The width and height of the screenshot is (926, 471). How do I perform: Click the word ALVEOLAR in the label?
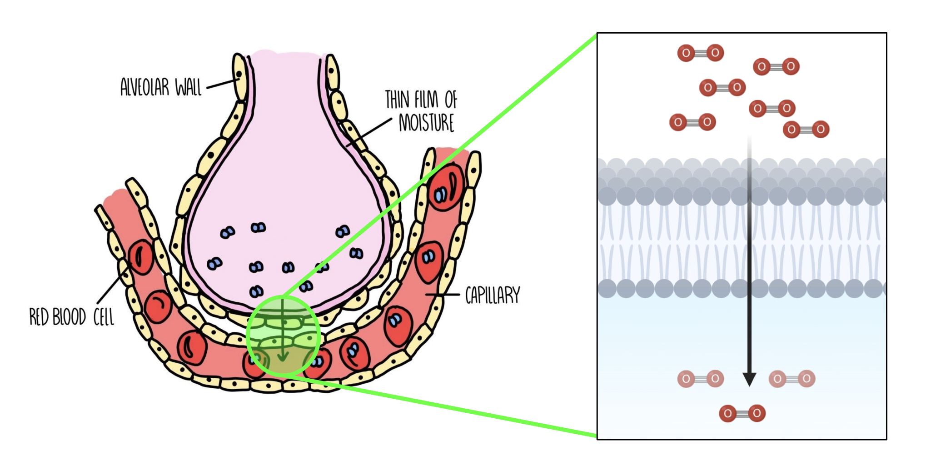pos(144,87)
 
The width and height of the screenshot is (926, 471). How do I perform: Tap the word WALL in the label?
pos(189,87)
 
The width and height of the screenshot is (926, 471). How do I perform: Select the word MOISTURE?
pos(426,123)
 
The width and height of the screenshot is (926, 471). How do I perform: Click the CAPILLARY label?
pos(493,296)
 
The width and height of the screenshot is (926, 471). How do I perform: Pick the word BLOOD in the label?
pos(69,317)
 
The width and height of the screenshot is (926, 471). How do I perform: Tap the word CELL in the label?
pos(104,317)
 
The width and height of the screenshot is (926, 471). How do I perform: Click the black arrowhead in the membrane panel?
pos(749,379)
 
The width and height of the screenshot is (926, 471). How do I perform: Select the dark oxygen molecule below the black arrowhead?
pos(742,413)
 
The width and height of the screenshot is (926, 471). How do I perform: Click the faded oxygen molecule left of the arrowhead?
pos(701,379)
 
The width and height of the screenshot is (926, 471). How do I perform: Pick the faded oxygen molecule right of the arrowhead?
pos(792,379)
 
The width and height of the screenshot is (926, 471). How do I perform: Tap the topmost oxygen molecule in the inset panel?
pos(701,53)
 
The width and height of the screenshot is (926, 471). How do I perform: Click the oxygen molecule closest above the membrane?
pos(806,130)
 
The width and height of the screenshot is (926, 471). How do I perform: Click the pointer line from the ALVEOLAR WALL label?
pos(223,84)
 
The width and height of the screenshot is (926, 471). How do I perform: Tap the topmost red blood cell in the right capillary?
pos(447,187)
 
